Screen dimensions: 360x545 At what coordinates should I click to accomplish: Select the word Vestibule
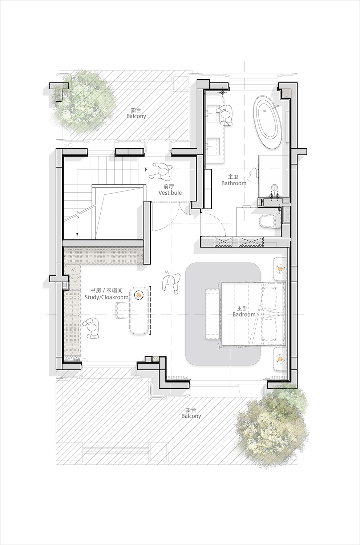170,193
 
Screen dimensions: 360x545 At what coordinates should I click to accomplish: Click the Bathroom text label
234,183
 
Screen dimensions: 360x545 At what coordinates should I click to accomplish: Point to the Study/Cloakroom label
106,297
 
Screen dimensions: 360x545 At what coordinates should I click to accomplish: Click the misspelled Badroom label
244,314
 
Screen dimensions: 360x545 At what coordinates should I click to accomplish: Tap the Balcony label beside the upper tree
136,116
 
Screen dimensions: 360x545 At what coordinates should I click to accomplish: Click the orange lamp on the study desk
139,295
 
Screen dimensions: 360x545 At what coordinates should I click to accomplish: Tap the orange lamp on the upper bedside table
280,269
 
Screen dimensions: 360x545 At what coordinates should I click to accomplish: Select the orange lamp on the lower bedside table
280,358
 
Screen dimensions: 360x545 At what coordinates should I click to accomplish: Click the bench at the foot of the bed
213,314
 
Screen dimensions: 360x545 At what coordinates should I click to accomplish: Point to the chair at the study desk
124,310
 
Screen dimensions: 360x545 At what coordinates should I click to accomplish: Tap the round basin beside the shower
274,188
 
